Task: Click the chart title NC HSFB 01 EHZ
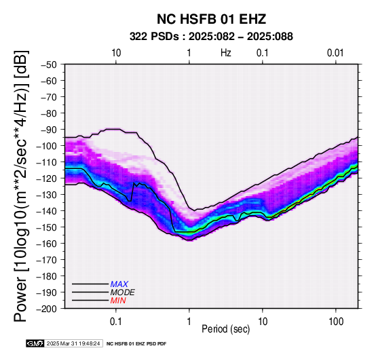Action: pyautogui.click(x=211, y=19)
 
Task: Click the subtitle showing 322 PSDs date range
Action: pyautogui.click(x=211, y=37)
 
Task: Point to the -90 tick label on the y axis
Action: pyautogui.click(x=48, y=130)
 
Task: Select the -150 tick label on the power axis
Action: pyautogui.click(x=46, y=227)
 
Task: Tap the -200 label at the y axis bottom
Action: pyautogui.click(x=46, y=309)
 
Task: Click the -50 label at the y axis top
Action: pyautogui.click(x=48, y=64)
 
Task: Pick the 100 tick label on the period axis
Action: pyautogui.click(x=336, y=322)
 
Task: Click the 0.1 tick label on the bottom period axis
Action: pyautogui.click(x=116, y=322)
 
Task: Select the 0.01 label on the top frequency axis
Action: pyautogui.click(x=335, y=53)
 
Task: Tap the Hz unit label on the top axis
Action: pyautogui.click(x=226, y=53)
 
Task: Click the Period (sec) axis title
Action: pyautogui.click(x=225, y=329)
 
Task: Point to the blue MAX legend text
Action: pyautogui.click(x=119, y=284)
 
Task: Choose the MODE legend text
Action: pyautogui.click(x=123, y=292)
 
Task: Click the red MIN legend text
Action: pyautogui.click(x=118, y=301)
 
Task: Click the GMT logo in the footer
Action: pyautogui.click(x=35, y=343)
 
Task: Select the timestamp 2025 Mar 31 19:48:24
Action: pyautogui.click(x=73, y=343)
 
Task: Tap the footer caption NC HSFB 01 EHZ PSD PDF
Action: pyautogui.click(x=136, y=344)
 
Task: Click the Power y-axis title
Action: pyautogui.click(x=21, y=186)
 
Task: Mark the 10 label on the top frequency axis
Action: pyautogui.click(x=116, y=53)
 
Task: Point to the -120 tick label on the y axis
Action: pyautogui.click(x=46, y=178)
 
